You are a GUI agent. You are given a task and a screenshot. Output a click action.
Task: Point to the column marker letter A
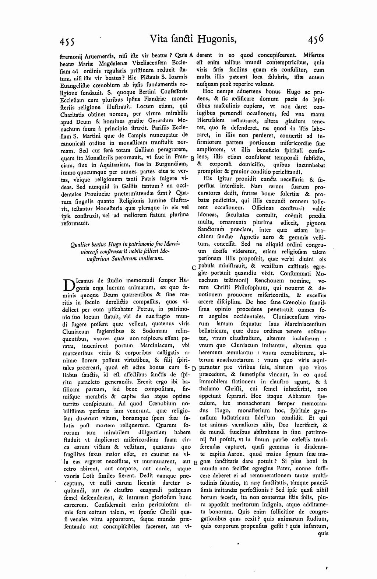pyautogui.click(x=191, y=55)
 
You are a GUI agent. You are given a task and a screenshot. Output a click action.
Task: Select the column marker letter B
pyautogui.click(x=192, y=158)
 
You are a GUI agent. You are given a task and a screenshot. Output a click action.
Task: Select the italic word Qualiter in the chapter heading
pyautogui.click(x=79, y=243)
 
